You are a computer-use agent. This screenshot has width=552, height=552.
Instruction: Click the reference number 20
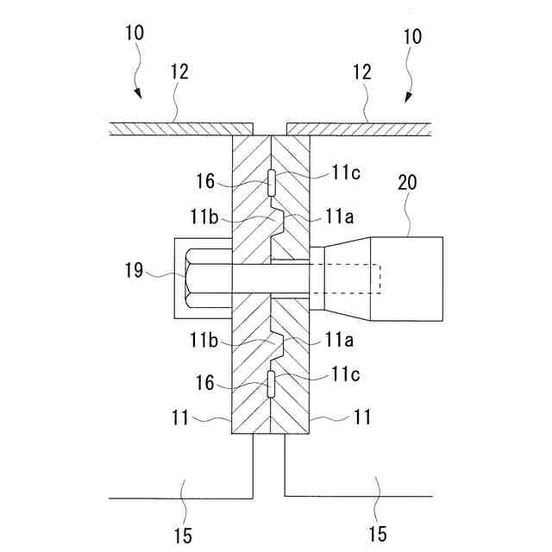tap(408, 182)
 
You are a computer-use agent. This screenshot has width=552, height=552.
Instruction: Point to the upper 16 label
tap(204, 182)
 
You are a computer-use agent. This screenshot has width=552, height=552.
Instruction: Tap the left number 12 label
tap(179, 72)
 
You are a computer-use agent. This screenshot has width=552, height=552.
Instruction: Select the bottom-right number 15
tap(377, 535)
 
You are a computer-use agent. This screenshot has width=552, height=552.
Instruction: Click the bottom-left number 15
tap(182, 535)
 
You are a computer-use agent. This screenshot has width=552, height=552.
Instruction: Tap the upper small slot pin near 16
tap(271, 182)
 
